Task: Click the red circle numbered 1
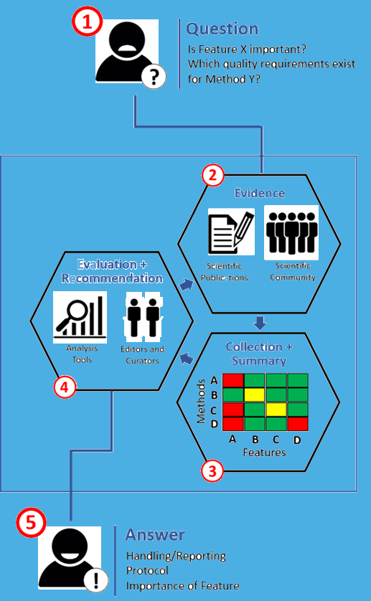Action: coord(88,22)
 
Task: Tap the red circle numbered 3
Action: coord(212,471)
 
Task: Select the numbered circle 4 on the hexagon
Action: coord(65,387)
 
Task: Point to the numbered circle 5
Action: coord(31,522)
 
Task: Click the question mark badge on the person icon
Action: coord(154,77)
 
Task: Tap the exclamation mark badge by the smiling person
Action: coord(96,579)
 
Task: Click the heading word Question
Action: coord(222,29)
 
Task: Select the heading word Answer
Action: coord(155,535)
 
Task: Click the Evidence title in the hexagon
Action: coord(260,193)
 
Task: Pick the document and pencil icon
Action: coord(231,232)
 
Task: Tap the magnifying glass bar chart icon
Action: coord(80,317)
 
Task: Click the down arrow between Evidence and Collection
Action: coord(260,323)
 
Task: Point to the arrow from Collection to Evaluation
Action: coord(186,359)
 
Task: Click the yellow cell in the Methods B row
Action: coord(254,394)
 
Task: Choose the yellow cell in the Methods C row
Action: coord(276,410)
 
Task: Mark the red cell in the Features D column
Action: coord(298,424)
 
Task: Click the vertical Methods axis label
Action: coord(201,402)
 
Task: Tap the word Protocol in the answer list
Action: coord(147,571)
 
